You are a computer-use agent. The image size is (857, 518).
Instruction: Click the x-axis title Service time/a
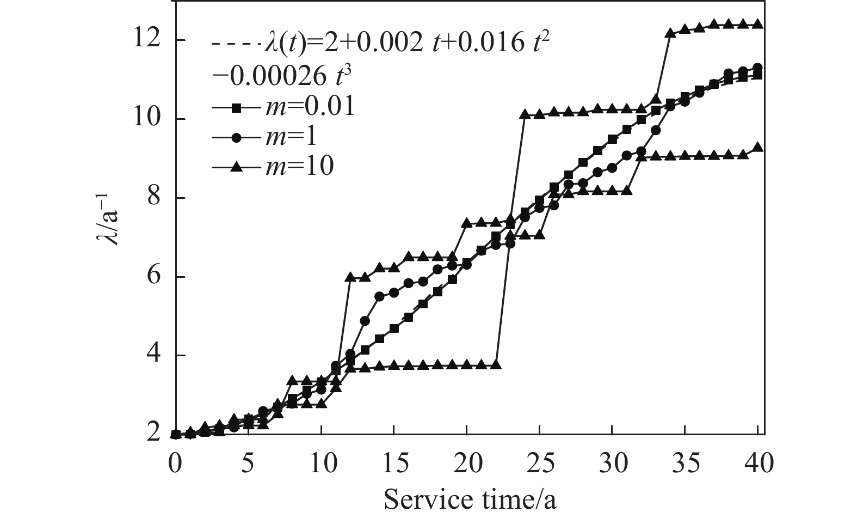470,498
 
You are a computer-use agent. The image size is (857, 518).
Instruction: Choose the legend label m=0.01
310,107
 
